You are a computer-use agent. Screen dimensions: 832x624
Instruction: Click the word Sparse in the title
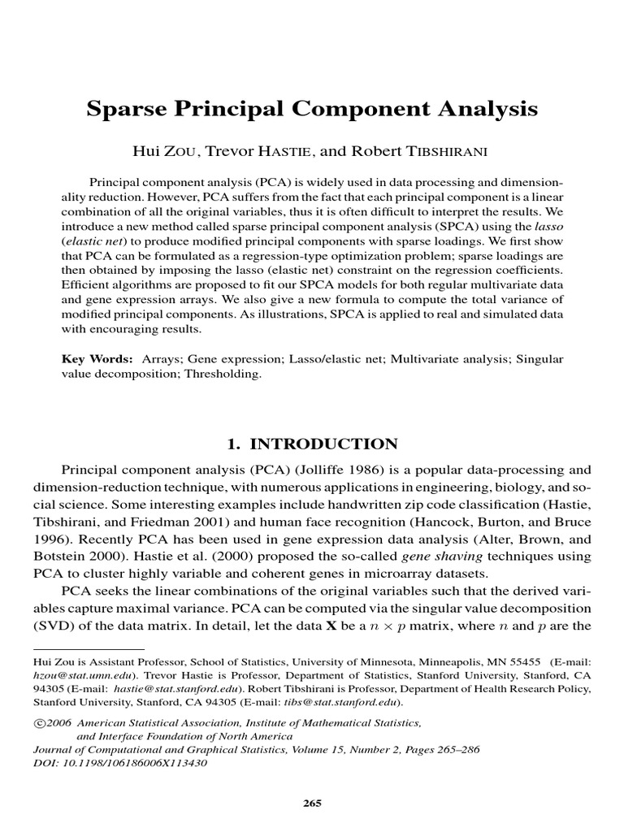point(128,109)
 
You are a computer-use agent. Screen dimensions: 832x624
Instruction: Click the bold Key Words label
point(97,358)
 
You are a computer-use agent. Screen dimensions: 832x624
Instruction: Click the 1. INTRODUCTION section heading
point(311,444)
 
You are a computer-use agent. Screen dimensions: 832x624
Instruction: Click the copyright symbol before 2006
point(37,722)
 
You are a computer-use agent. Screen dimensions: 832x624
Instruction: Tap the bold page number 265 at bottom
point(312,804)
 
